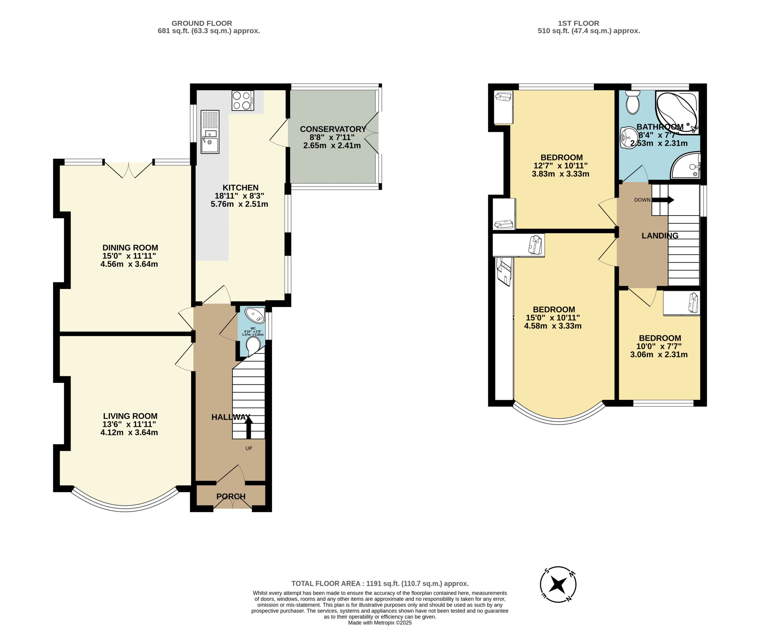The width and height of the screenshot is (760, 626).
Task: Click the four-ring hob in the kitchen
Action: click(x=243, y=100)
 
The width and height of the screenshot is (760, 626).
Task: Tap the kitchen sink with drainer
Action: click(x=210, y=132)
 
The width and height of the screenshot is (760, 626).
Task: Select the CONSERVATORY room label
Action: click(x=333, y=129)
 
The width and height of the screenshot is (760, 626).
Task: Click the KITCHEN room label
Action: click(x=240, y=187)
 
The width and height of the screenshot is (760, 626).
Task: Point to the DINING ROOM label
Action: click(x=130, y=248)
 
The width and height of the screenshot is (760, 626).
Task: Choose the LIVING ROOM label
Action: click(x=130, y=416)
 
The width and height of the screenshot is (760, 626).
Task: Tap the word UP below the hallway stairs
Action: click(x=249, y=448)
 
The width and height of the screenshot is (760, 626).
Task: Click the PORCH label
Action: click(x=231, y=497)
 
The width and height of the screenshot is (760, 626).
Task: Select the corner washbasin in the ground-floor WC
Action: click(x=256, y=315)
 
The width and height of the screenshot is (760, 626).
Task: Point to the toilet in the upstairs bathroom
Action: click(x=632, y=102)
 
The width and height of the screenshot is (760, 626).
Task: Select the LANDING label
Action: click(x=660, y=235)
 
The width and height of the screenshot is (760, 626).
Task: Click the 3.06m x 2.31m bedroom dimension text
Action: click(x=659, y=355)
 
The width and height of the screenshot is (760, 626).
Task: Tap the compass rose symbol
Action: click(x=558, y=584)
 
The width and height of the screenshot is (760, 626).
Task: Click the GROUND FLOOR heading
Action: click(x=202, y=23)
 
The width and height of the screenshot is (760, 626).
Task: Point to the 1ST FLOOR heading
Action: click(x=579, y=23)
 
